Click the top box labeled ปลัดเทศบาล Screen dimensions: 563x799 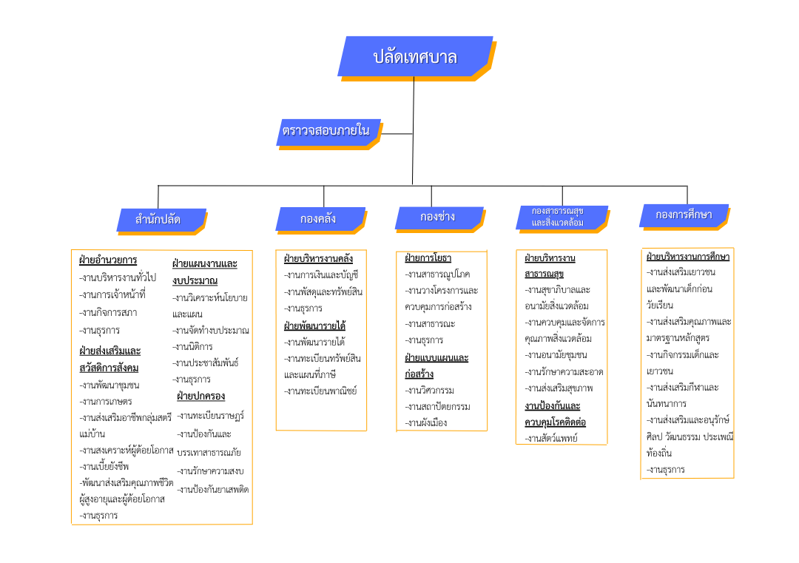click(x=414, y=56)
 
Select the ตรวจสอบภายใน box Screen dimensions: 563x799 click(x=327, y=131)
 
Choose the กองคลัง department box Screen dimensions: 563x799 click(x=319, y=218)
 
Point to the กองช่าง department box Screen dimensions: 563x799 click(x=438, y=217)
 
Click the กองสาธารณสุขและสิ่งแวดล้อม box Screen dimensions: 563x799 click(x=559, y=217)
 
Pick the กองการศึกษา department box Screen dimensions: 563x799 click(x=684, y=215)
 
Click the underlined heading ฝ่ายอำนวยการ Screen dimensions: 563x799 click(x=108, y=260)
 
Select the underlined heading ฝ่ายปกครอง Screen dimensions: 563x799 click(x=200, y=396)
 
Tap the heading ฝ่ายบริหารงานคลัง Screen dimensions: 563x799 click(x=318, y=259)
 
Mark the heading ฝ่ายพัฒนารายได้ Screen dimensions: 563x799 click(x=314, y=326)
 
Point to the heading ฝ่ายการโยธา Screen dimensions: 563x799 click(x=428, y=258)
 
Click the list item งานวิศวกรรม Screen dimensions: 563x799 click(x=430, y=390)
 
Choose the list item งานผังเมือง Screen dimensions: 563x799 click(x=426, y=422)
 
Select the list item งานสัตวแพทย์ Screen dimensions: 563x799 click(x=551, y=438)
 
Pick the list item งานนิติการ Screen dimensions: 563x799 click(x=192, y=346)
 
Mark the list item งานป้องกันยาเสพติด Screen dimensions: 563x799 click(x=213, y=489)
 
